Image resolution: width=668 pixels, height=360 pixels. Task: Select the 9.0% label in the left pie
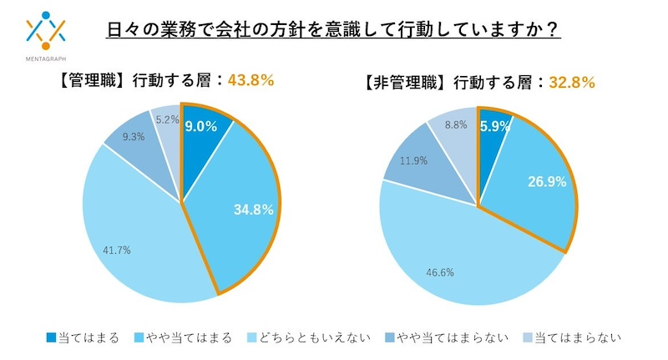pyautogui.click(x=200, y=127)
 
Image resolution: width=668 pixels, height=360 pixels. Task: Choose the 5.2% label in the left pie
pyautogui.click(x=167, y=119)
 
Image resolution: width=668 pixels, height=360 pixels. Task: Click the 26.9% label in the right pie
pyautogui.click(x=540, y=180)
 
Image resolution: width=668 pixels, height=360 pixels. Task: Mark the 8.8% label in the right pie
pyautogui.click(x=457, y=124)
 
